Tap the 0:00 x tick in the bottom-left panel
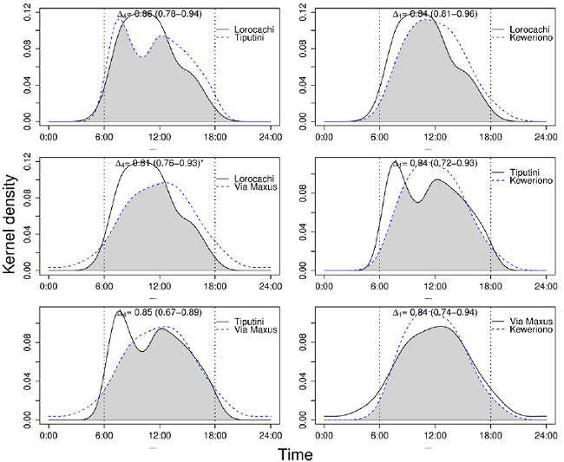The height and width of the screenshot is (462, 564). tap(49, 433)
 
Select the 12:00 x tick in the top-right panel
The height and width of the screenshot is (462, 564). tap(435, 135)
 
